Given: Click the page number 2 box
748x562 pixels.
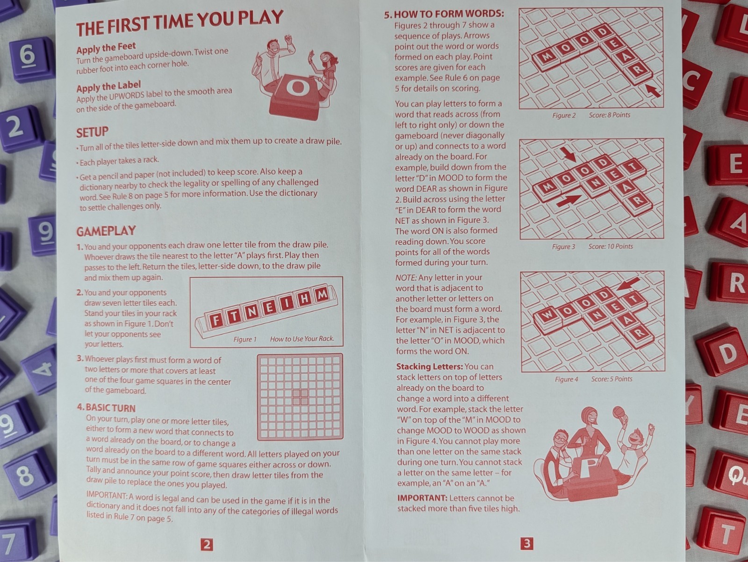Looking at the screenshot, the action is (207, 544).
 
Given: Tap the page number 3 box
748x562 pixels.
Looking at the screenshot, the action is (527, 543).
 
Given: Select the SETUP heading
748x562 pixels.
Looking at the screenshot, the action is (93, 132).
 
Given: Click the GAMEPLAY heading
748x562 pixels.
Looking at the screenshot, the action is (106, 231).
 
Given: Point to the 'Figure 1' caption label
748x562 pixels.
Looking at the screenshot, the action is (245, 339).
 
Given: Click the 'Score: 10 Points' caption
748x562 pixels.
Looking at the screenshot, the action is (611, 246).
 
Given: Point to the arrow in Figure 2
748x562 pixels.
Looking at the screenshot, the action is (653, 91).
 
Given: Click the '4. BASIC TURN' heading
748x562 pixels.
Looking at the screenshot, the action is (106, 408).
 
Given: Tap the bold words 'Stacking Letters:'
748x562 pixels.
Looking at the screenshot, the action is (429, 367).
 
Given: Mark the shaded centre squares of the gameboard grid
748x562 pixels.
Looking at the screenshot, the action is (300, 397).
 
